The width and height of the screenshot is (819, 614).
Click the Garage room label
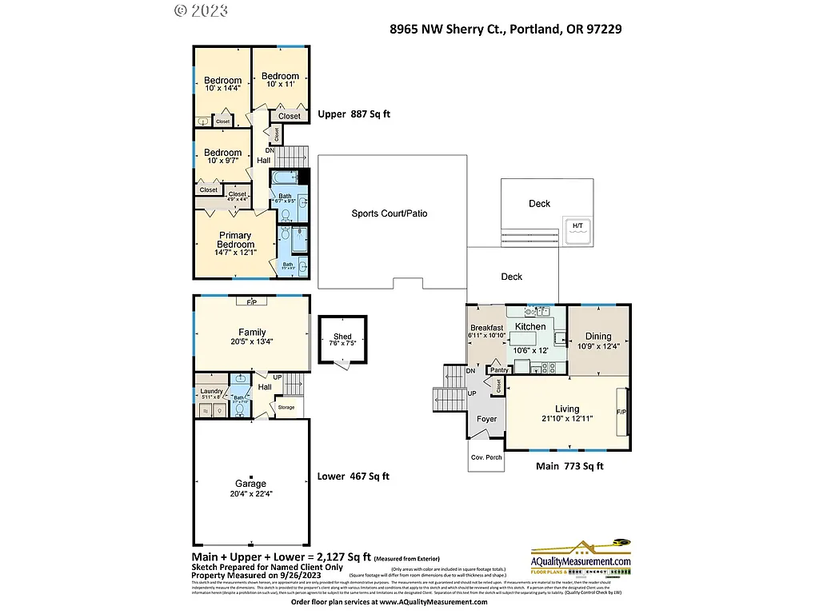(x=250, y=484)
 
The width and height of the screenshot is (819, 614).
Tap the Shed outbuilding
(x=342, y=340)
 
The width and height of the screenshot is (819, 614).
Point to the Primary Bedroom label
(x=235, y=240)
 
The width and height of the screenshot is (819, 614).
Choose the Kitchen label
(x=530, y=326)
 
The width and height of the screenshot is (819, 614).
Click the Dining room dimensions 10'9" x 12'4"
(x=598, y=347)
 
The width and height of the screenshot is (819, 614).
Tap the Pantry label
(x=499, y=370)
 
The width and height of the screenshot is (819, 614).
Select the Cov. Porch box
(x=486, y=457)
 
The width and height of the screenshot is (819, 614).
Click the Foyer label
(x=486, y=419)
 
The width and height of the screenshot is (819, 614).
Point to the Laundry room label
(x=211, y=391)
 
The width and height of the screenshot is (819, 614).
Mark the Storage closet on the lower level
(x=286, y=408)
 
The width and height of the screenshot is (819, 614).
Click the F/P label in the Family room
(x=251, y=302)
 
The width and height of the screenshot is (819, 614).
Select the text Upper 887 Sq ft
(x=354, y=114)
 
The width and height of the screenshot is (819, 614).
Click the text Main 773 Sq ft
(x=569, y=466)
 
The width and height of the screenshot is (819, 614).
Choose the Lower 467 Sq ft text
(x=353, y=476)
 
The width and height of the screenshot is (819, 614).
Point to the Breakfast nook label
(x=486, y=328)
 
